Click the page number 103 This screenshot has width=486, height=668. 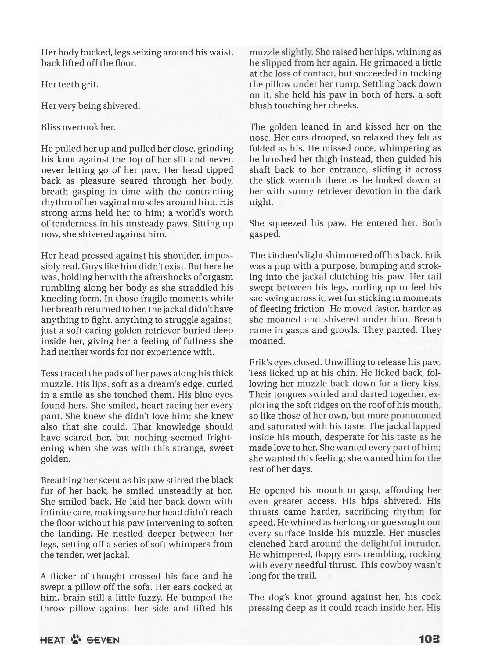(429, 639)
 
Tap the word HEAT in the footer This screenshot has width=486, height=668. (52, 640)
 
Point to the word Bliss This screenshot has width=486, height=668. (51, 127)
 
